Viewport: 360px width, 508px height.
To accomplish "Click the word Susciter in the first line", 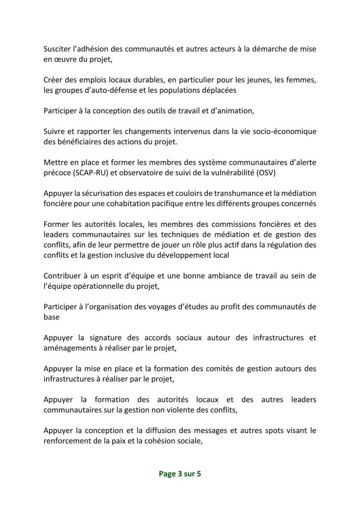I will [x=59, y=49].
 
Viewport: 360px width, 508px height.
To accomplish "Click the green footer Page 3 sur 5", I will [x=180, y=474].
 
